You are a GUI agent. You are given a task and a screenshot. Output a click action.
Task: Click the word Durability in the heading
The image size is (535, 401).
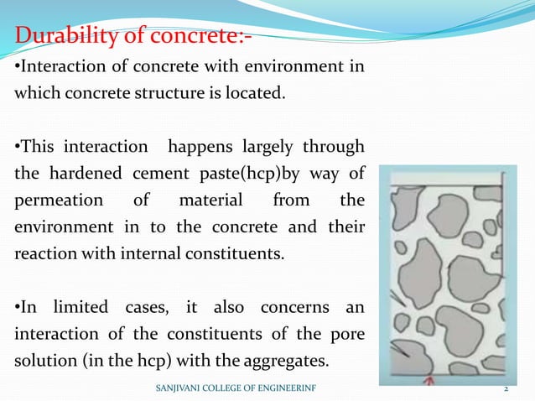69,37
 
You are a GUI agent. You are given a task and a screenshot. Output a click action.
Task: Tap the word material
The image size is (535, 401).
210,201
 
